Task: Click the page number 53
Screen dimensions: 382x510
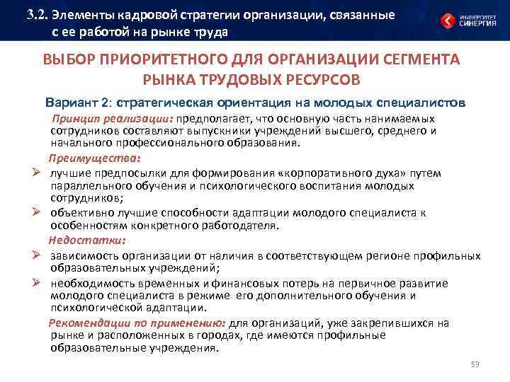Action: tap(475, 364)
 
